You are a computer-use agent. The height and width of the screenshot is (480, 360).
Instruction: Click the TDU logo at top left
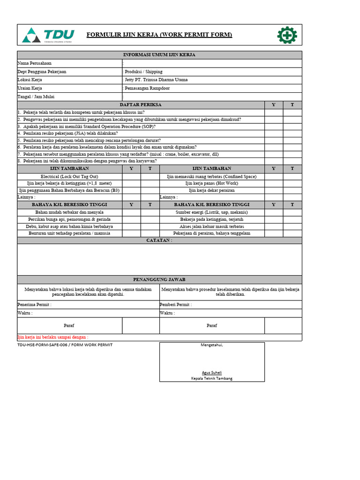click(48, 35)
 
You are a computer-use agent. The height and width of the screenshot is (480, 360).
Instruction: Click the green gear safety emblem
click(287, 35)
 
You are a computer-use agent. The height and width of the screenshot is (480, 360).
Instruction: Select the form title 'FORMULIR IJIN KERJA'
click(159, 35)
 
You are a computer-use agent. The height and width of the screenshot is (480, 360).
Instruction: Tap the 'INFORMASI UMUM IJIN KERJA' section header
click(159, 55)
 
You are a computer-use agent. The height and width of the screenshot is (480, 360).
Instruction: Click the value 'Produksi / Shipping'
click(143, 72)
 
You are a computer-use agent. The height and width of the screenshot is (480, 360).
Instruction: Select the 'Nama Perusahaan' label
click(35, 63)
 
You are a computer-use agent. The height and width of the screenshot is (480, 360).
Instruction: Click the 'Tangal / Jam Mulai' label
click(36, 97)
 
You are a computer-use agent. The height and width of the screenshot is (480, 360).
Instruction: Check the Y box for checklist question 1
click(274, 112)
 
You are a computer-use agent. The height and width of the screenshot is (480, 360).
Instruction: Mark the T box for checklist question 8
click(292, 161)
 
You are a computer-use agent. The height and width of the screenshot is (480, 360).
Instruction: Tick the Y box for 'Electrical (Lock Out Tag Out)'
click(131, 177)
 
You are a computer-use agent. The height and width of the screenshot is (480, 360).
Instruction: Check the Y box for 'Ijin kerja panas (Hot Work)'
click(274, 183)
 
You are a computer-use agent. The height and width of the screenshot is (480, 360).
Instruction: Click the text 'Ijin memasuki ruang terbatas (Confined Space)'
click(212, 177)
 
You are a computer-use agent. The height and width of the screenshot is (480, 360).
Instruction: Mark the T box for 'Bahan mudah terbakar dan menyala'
click(150, 212)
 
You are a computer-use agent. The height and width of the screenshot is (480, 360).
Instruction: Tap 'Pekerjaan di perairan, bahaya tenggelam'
click(212, 233)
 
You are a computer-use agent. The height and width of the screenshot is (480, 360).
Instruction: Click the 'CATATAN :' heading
click(159, 240)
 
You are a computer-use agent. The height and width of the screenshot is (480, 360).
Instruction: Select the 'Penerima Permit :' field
click(35, 305)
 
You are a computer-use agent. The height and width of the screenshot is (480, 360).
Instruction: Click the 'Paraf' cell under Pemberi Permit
click(212, 325)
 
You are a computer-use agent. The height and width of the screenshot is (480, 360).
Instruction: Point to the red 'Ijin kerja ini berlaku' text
click(52, 337)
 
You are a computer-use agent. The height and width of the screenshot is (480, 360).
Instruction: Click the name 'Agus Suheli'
click(212, 373)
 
